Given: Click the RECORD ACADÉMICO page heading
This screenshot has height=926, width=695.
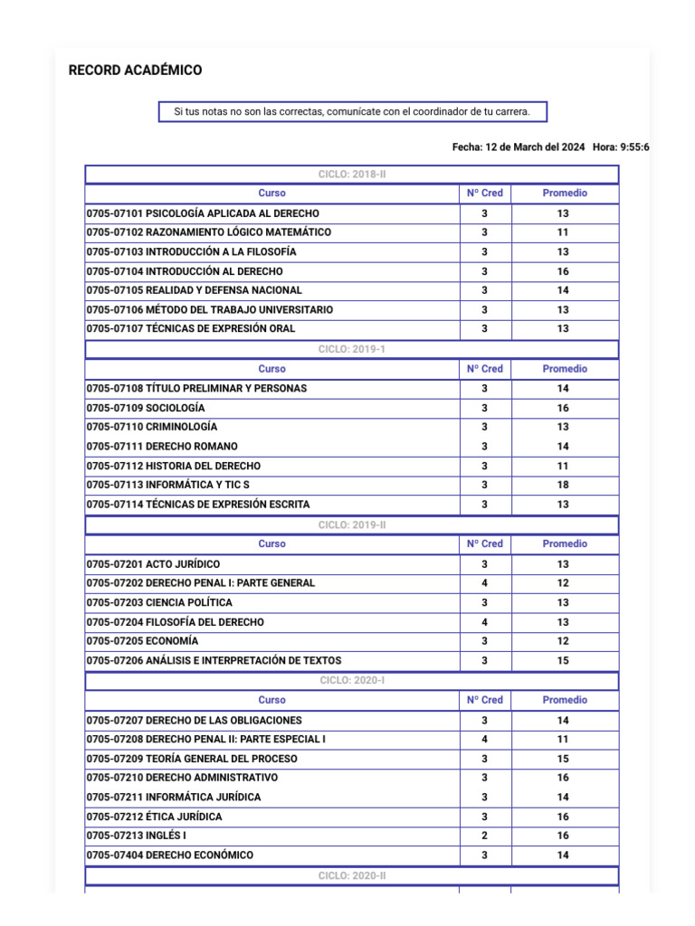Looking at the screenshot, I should [x=135, y=71].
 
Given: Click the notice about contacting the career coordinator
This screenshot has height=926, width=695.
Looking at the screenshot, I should [x=352, y=112].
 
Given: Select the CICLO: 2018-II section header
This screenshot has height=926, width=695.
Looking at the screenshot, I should [x=352, y=175].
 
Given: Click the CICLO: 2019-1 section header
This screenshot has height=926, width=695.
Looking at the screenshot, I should [x=352, y=349].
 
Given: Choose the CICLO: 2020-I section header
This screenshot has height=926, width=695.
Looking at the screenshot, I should [x=352, y=680].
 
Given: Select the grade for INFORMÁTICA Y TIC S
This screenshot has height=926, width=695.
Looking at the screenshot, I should [x=563, y=485].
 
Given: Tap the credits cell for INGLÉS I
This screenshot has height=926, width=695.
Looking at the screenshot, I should [x=484, y=836].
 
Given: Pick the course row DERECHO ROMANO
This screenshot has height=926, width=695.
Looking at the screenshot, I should [x=162, y=447].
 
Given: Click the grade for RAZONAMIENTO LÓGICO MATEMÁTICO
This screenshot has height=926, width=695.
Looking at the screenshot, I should [x=563, y=232].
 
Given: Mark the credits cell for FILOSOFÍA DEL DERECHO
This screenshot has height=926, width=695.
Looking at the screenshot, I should [x=484, y=622].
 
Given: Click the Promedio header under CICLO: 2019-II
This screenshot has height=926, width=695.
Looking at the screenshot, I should [x=564, y=543].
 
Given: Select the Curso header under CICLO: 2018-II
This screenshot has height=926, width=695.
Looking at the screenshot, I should [x=271, y=194].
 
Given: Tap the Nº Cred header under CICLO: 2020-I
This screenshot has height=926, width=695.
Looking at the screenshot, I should [x=484, y=700].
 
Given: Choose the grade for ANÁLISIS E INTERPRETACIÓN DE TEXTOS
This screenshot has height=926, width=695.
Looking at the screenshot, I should [x=563, y=661].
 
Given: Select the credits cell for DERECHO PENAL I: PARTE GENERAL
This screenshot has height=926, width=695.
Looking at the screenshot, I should [x=484, y=583].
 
